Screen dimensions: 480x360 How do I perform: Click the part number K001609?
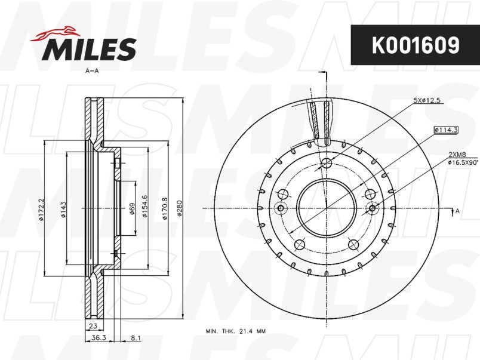click(x=416, y=45)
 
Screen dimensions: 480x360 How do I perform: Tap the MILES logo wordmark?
click(x=89, y=49)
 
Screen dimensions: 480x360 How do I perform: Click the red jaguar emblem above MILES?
click(x=55, y=33)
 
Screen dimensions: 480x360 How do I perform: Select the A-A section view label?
click(x=92, y=71)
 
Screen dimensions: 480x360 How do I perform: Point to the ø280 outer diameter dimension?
click(x=180, y=208)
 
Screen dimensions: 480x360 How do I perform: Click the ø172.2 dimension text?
click(x=41, y=208)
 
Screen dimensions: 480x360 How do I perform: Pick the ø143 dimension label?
click(x=63, y=210)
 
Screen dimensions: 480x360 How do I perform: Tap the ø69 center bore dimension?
click(x=132, y=209)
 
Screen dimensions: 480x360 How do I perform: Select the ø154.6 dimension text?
click(x=145, y=207)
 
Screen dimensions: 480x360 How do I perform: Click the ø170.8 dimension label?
click(x=165, y=208)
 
